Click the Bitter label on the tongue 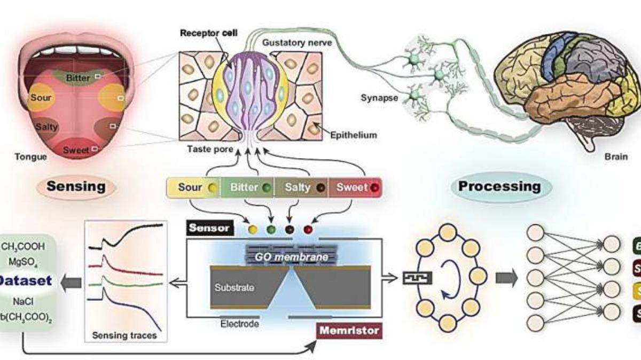pos(78,79)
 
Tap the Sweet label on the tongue pos(76,150)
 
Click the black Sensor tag pos(210,228)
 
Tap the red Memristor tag pos(349,330)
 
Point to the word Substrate pos(234,287)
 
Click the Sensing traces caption pos(124,336)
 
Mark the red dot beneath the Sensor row pos(307,230)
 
